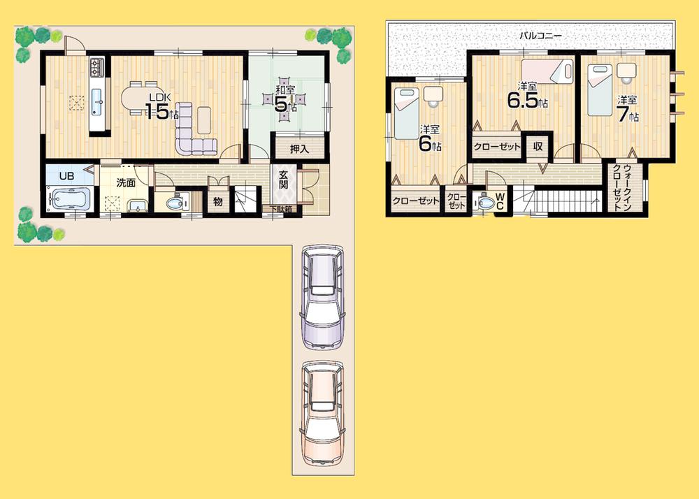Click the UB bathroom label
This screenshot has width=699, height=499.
66,176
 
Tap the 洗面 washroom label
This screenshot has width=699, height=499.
126,183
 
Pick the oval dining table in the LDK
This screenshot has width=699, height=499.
140,97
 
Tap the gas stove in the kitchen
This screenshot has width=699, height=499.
96,67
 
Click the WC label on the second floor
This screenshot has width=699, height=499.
500,201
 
